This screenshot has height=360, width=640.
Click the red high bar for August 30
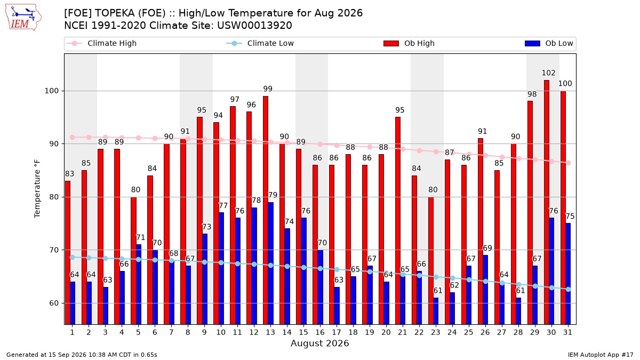(x=547, y=202)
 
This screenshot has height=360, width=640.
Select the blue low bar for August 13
(x=271, y=263)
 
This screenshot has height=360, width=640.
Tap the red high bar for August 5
(x=133, y=261)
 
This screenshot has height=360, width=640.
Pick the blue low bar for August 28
(x=518, y=311)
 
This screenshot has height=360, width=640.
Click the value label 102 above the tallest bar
(x=548, y=73)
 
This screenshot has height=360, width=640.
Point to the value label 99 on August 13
(x=268, y=89)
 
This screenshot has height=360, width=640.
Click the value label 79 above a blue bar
(x=273, y=195)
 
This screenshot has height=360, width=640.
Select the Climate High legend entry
(x=102, y=43)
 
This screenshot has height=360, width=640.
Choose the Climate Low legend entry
(x=260, y=43)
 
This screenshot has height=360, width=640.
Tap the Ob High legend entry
(x=409, y=43)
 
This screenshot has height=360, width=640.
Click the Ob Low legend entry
(x=549, y=43)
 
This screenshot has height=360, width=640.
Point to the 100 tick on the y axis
(x=51, y=91)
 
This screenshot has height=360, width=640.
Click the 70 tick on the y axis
(x=54, y=250)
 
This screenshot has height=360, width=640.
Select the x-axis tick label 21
(x=402, y=332)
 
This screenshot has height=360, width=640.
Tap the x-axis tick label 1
(x=73, y=332)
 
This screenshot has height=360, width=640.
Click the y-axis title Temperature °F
(x=37, y=189)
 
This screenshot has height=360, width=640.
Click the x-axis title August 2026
(x=319, y=343)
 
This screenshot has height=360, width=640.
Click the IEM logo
(x=23, y=18)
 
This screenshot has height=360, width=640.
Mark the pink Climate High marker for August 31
(x=569, y=163)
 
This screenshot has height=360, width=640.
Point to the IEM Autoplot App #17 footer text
(x=601, y=355)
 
